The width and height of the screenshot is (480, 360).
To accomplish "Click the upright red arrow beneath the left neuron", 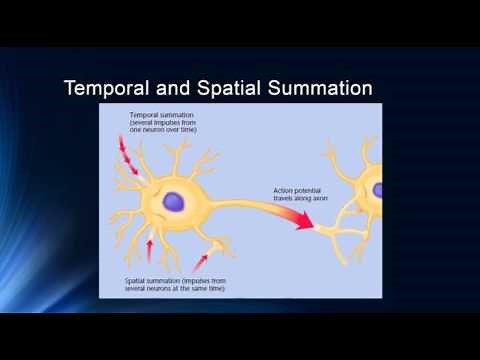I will coord(150,247).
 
